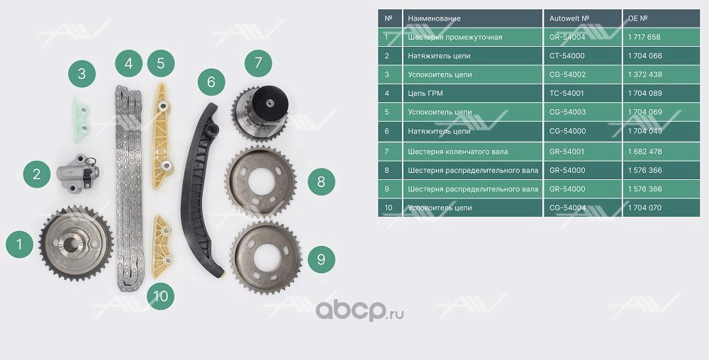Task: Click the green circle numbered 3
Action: (82, 74)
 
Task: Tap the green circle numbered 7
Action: (258, 63)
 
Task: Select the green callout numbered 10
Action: (160, 296)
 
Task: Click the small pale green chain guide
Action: (82, 120)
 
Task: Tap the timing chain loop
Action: (129, 188)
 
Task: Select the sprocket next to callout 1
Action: (76, 244)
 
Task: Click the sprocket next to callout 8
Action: (261, 182)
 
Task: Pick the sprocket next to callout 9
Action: (266, 258)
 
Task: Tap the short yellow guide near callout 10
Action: (162, 247)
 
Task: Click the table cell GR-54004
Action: (567, 37)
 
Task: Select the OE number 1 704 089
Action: (644, 93)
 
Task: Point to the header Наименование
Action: (434, 18)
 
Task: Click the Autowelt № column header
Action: (569, 18)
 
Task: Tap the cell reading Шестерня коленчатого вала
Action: (457, 152)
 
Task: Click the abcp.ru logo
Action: (359, 311)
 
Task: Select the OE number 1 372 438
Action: (644, 74)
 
